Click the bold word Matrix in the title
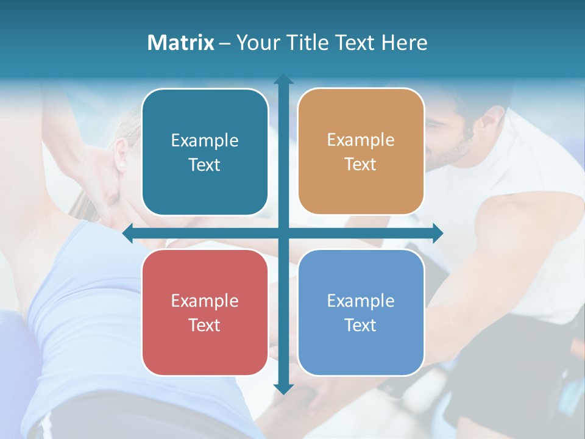(181, 43)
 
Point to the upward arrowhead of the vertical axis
(283, 80)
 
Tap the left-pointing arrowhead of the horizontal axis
(129, 233)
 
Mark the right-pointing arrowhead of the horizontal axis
(437, 233)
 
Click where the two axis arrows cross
(283, 233)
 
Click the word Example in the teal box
(205, 141)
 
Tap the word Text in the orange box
(361, 165)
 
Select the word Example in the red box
(205, 301)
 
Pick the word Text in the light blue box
(361, 325)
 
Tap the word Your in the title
(256, 43)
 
